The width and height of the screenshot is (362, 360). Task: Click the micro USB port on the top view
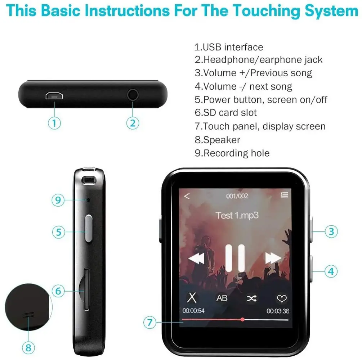coord(54,96)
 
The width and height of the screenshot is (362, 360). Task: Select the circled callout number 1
coord(54,123)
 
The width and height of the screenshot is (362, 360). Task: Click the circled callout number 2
coord(133,123)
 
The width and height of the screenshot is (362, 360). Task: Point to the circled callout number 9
coord(58,200)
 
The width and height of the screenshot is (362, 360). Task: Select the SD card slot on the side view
coord(86,289)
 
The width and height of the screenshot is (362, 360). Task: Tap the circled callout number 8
coord(29,348)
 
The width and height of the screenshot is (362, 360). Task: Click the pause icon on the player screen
coord(235,258)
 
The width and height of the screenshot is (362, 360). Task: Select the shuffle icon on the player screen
coord(251,298)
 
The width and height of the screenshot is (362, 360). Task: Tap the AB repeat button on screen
coord(222,298)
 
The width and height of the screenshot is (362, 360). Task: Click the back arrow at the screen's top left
coord(187,196)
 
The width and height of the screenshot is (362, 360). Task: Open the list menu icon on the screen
coord(284,195)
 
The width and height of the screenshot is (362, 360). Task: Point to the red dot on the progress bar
coord(242,319)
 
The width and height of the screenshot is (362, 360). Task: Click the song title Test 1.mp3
coord(237,215)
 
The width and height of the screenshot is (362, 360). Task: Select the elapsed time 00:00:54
coord(193,311)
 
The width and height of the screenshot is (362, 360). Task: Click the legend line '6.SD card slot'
coord(226,113)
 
